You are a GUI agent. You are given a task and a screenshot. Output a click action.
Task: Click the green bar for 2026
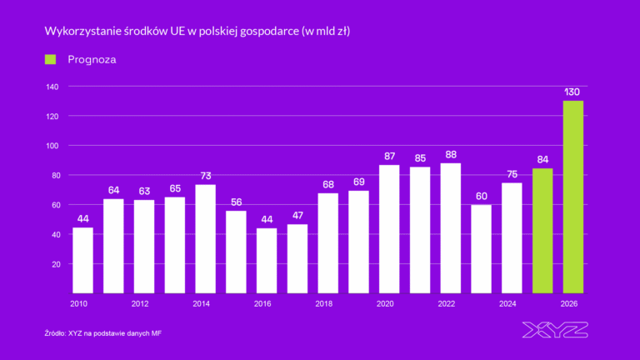click(x=572, y=197)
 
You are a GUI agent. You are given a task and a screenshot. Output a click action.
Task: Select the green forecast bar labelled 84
click(x=542, y=231)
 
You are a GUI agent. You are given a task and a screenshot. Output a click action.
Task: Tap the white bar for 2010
click(x=82, y=260)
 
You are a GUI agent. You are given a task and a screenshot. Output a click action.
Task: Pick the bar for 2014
click(x=205, y=238)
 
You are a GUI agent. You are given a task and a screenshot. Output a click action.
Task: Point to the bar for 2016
click(x=267, y=260)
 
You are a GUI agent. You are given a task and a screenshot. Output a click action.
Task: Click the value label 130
click(x=572, y=92)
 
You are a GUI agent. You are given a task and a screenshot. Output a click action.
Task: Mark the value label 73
click(x=205, y=176)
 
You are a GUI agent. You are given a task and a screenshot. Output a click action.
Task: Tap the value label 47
click(x=297, y=215)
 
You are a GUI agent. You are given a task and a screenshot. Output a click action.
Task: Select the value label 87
click(x=389, y=156)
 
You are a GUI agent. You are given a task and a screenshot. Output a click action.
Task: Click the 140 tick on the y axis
click(x=52, y=87)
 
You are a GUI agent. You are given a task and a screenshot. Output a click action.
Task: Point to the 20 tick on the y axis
click(x=54, y=264)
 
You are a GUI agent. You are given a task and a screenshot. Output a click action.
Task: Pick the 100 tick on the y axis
click(x=52, y=146)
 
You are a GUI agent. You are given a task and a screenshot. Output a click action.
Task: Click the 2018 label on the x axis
click(x=323, y=304)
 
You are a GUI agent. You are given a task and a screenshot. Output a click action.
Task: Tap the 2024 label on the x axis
click(x=507, y=304)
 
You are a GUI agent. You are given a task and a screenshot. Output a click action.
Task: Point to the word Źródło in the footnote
click(x=57, y=333)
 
